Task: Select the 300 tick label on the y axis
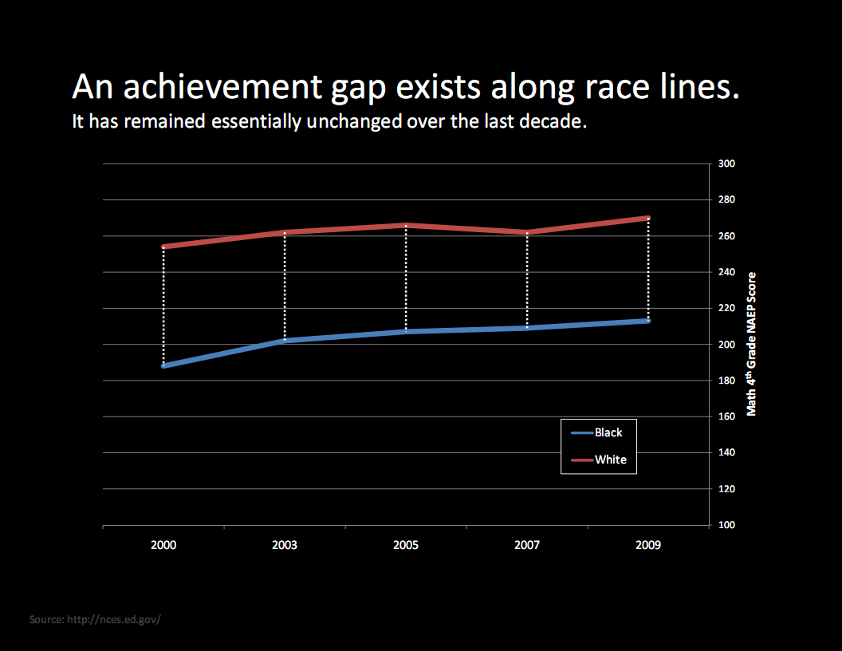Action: [x=726, y=164]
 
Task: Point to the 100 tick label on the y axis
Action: [x=726, y=525]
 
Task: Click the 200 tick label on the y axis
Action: [x=726, y=345]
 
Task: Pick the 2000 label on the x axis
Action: [x=163, y=546]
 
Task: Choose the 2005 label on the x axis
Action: [x=406, y=546]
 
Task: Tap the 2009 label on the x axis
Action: [x=648, y=546]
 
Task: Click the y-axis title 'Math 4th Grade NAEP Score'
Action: [x=751, y=344]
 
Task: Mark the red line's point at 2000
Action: [x=163, y=247]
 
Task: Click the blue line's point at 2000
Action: [x=163, y=365]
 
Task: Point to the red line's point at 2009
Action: [x=648, y=218]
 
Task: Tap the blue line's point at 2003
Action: [x=285, y=341]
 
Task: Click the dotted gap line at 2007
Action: [x=527, y=279]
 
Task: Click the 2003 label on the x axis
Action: [x=285, y=546]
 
